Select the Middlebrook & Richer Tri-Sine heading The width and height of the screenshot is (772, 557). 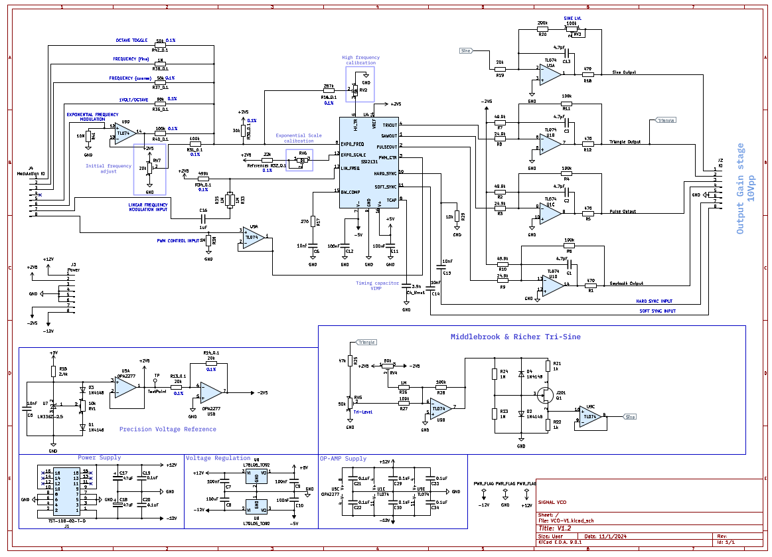[515, 337]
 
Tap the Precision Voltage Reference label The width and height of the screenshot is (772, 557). [167, 430]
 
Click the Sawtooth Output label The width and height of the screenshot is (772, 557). [627, 283]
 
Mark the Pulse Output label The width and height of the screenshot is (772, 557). [623, 212]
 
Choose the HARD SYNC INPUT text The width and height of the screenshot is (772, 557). [654, 301]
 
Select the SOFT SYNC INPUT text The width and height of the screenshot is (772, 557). [657, 311]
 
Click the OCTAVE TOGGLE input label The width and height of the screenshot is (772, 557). [131, 40]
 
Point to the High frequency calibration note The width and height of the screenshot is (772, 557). [360, 60]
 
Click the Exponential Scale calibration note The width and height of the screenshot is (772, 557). [299, 138]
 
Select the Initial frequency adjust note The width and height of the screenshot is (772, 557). [109, 169]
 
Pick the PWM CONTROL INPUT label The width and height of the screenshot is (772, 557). [178, 241]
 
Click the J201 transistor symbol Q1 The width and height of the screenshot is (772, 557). [546, 396]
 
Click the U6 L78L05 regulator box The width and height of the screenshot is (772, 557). [256, 476]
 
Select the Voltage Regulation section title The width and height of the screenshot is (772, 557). [218, 458]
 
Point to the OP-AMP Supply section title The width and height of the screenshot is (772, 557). [343, 458]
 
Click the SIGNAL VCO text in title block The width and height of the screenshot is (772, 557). [552, 503]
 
